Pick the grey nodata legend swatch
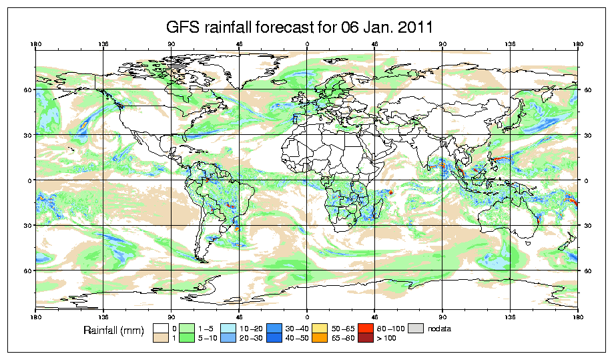(x=416, y=329)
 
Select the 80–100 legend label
(x=388, y=329)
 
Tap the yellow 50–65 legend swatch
(x=318, y=329)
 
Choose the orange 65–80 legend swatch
(x=318, y=339)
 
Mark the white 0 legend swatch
(x=160, y=329)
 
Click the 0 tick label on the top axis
(x=307, y=45)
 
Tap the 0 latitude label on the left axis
(x=29, y=180)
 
